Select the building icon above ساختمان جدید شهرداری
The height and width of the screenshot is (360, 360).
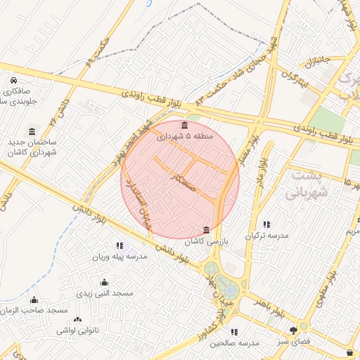[32, 132]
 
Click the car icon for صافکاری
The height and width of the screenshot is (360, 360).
[15, 81]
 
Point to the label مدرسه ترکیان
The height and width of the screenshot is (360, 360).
[266, 236]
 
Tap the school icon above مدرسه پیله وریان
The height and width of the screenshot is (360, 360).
[118, 245]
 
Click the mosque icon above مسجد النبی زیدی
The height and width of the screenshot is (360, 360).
[104, 283]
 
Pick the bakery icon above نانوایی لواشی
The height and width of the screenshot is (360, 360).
[78, 319]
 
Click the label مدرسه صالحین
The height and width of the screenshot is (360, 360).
[234, 342]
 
